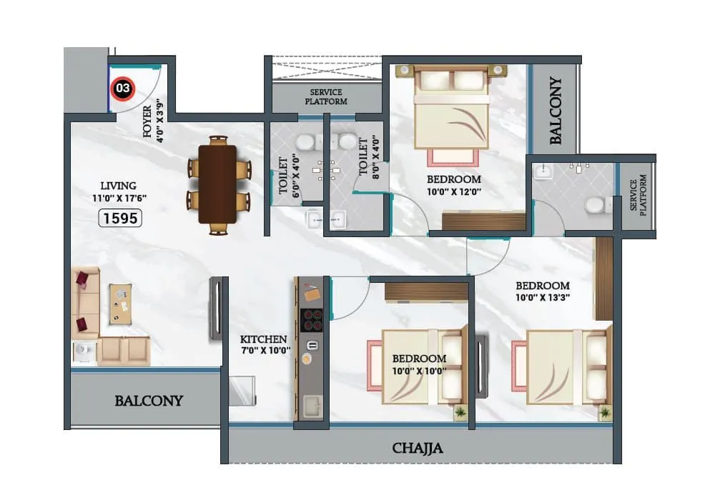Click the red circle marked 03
pyautogui.click(x=123, y=89)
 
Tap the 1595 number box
pyautogui.click(x=119, y=219)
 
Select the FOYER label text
pyautogui.click(x=147, y=122)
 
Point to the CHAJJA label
pyautogui.click(x=418, y=449)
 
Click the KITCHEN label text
pyautogui.click(x=263, y=339)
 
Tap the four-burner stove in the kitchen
pyautogui.click(x=312, y=320)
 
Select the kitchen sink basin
pyautogui.click(x=312, y=407)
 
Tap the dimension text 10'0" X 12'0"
pyautogui.click(x=453, y=191)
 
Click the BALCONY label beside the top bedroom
pyautogui.click(x=556, y=111)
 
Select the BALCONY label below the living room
pyautogui.click(x=149, y=401)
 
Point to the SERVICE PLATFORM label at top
pyautogui.click(x=325, y=97)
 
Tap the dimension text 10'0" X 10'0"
pyautogui.click(x=418, y=370)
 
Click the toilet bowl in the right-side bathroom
pyautogui.click(x=594, y=206)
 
